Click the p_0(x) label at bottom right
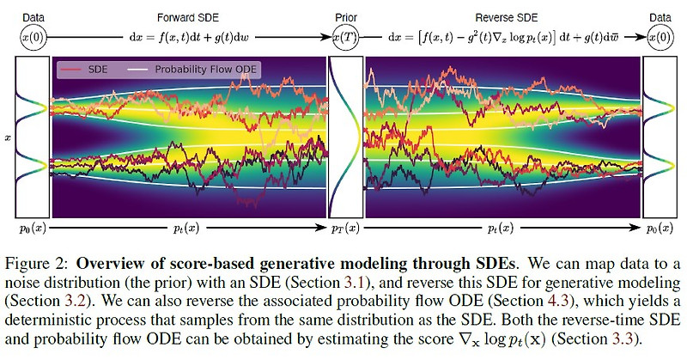tap(660, 229)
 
